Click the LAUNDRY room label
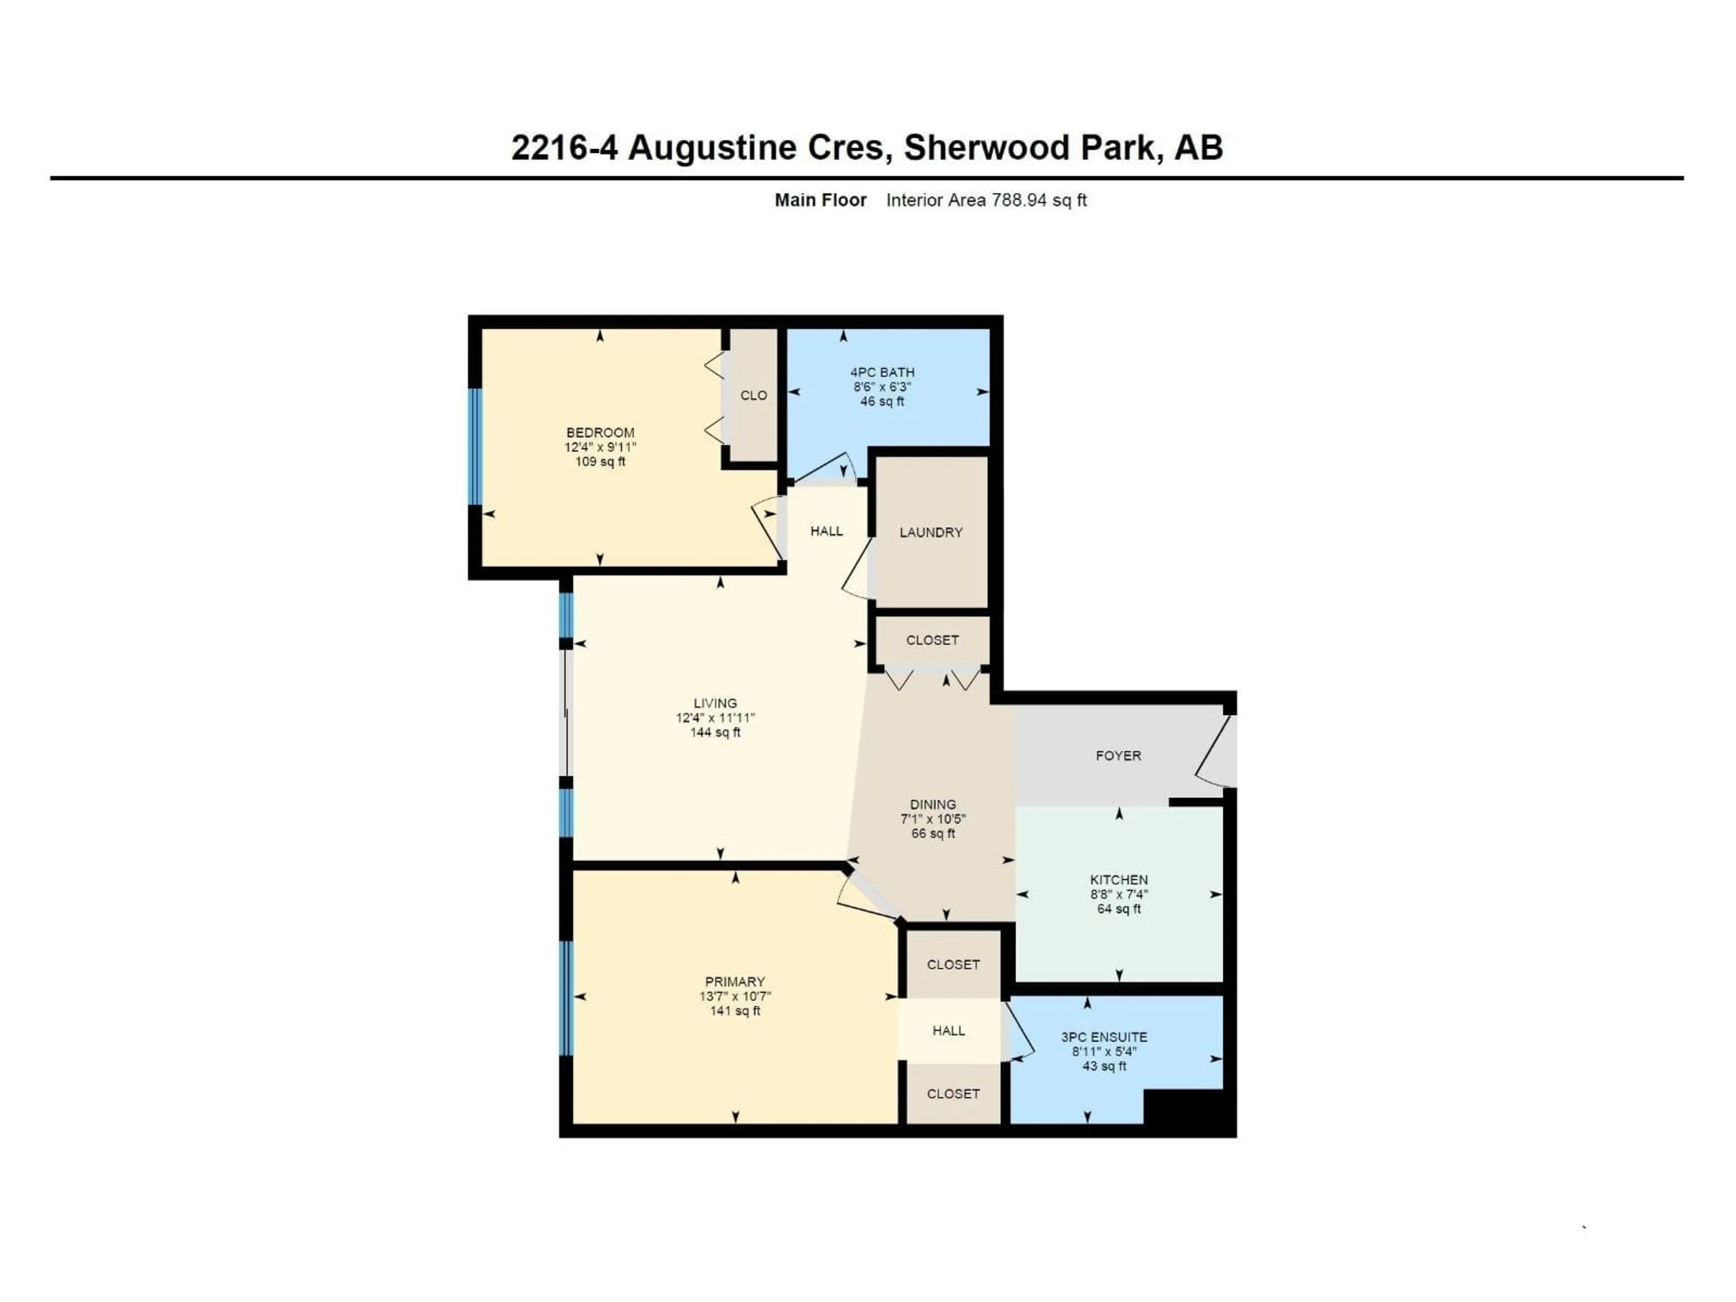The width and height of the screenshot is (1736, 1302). [931, 532]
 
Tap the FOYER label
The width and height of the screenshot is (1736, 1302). [1118, 756]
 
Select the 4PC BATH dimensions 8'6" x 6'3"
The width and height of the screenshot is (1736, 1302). [882, 387]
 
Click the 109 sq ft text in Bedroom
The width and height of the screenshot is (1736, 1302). [600, 462]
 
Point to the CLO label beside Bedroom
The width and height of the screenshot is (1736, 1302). [754, 396]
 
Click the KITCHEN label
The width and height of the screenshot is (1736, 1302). [1118, 880]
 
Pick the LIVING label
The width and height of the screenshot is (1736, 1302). [715, 703]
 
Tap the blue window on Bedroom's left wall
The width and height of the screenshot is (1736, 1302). [475, 446]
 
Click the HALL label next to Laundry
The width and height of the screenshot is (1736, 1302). [826, 531]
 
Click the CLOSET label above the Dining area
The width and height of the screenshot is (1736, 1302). [932, 641]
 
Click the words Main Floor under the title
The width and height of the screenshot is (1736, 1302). [820, 200]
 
